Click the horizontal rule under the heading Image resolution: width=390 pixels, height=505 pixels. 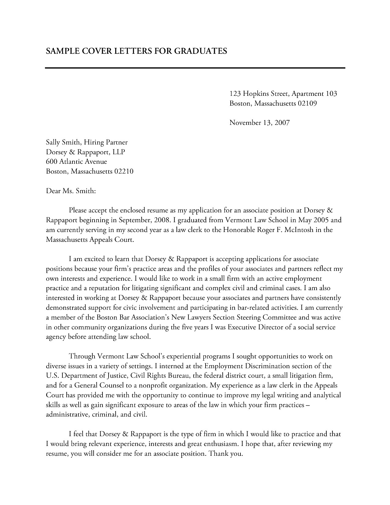pos(195,68)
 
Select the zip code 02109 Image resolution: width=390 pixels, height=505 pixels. pos(307,103)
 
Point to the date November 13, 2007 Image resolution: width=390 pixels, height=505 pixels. pos(259,123)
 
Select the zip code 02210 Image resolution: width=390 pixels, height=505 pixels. pos(124,171)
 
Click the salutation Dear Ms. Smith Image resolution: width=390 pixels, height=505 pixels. pos(71,191)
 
